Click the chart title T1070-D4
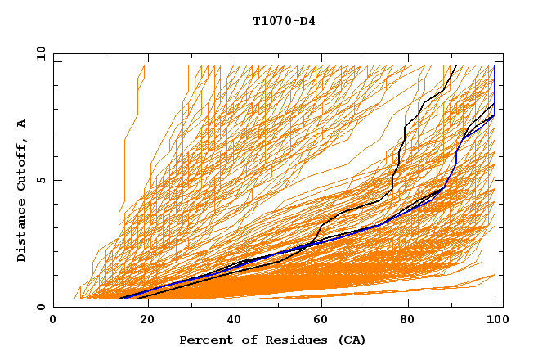284,21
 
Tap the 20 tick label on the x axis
142,322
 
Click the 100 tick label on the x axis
495,322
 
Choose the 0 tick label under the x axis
54,322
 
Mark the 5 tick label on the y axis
40,180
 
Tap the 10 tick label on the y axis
38,53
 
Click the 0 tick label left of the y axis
40,307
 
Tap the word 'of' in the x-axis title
247,340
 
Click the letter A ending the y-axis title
22,123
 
